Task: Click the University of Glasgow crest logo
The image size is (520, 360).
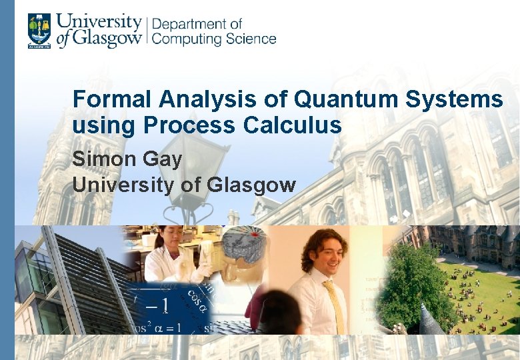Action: point(39,31)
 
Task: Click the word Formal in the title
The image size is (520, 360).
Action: point(113,99)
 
